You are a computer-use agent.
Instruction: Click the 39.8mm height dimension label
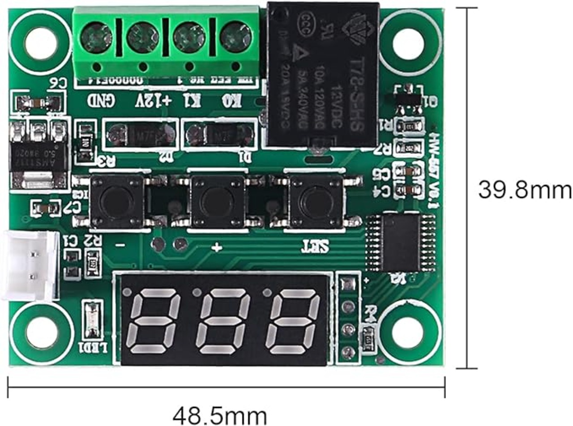(525, 190)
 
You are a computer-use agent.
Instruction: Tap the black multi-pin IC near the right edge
(401, 243)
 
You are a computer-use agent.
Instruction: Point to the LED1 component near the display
(93, 320)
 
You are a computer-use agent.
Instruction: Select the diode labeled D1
(220, 134)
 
